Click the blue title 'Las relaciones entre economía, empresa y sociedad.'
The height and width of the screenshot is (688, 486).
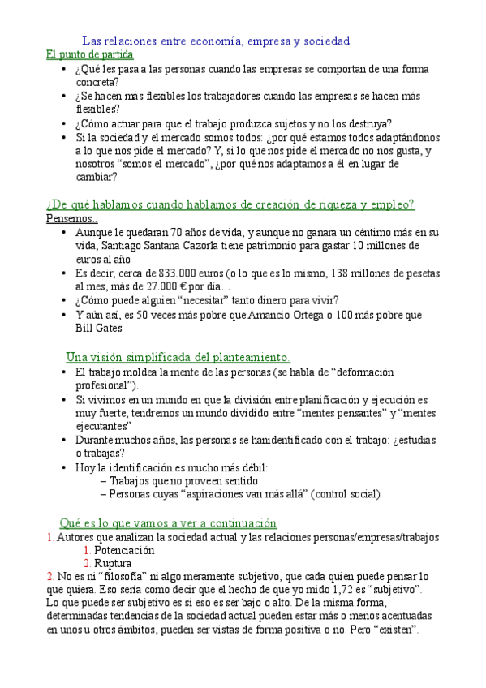click(217, 40)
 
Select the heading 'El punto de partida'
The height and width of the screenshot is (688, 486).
click(89, 54)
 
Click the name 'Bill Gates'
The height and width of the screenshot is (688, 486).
click(99, 329)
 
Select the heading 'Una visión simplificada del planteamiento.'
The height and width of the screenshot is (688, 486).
click(178, 357)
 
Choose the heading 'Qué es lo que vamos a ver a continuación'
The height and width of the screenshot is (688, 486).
click(168, 522)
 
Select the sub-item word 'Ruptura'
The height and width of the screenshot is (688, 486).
click(113, 563)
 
